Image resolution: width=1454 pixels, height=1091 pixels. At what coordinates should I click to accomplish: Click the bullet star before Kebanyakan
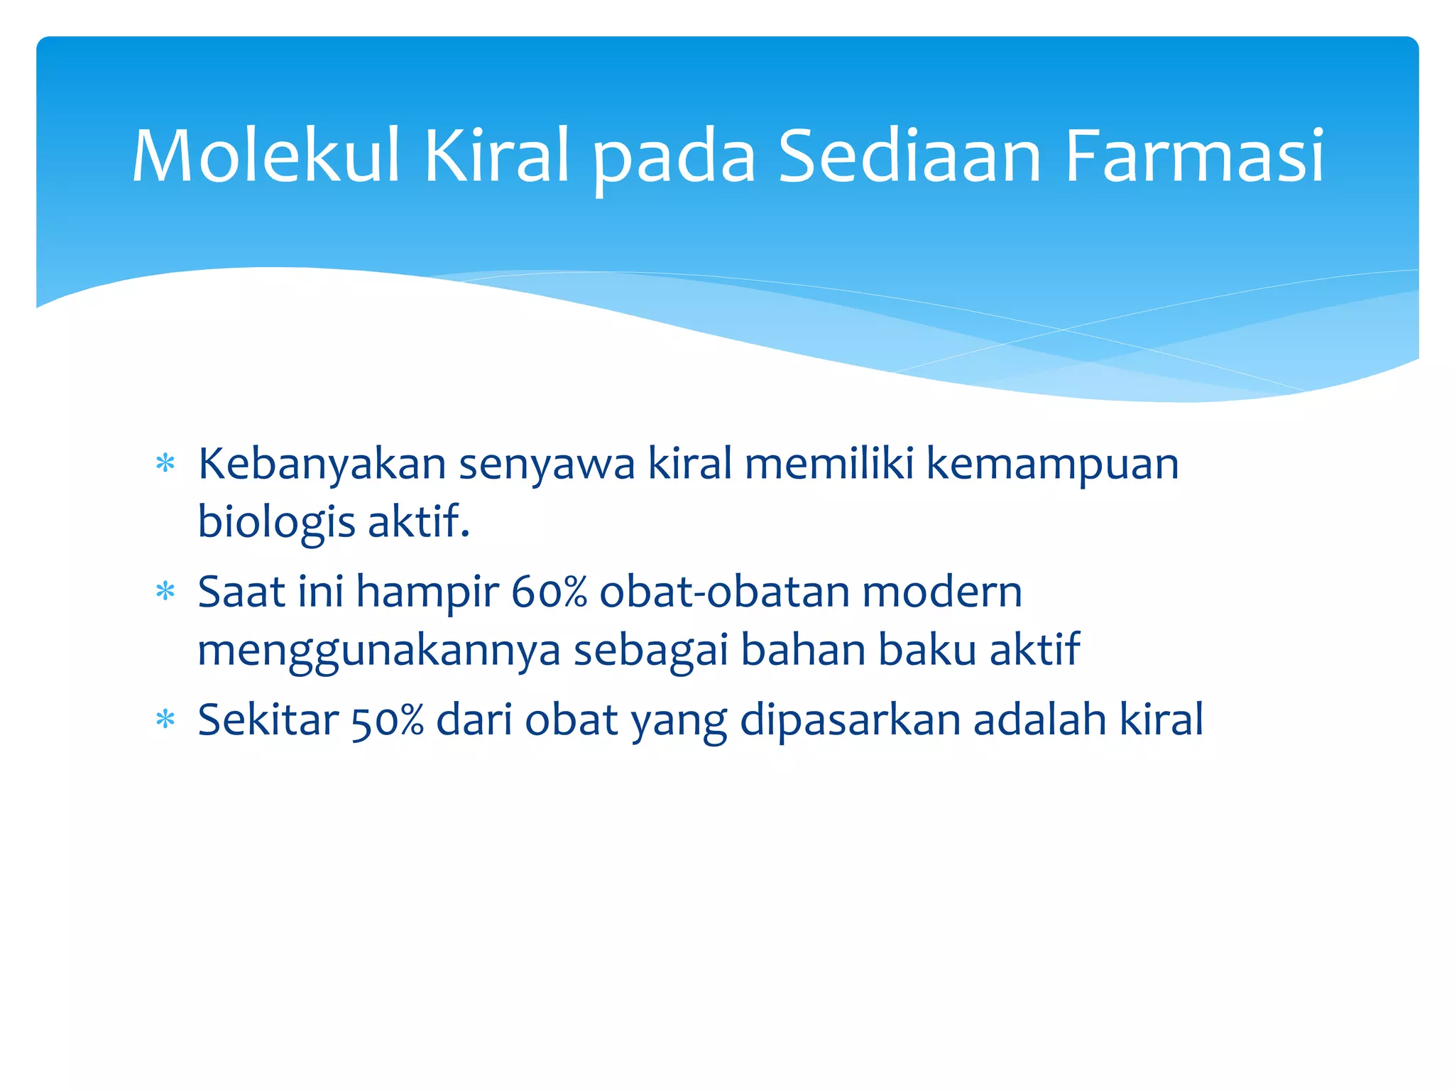coord(165,465)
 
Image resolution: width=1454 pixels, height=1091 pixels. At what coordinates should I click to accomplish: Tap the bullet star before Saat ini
coord(165,592)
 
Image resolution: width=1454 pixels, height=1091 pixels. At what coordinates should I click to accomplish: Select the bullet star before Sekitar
coord(165,720)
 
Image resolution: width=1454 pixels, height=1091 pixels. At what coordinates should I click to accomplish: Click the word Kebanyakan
coord(322,465)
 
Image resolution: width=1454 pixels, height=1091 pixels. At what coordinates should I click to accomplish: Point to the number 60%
coord(549,592)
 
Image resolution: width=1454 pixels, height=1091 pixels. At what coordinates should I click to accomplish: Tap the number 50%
coord(388,720)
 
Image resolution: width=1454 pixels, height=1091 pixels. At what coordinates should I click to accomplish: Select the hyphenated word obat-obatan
coord(724,592)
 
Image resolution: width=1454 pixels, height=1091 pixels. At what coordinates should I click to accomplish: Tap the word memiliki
coord(829,465)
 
